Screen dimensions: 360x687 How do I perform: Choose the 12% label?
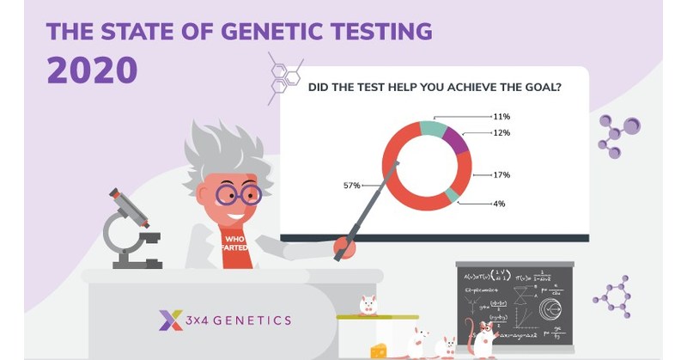(x=502, y=133)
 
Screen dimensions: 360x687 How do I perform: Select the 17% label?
(x=502, y=175)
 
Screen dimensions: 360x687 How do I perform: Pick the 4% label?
(x=498, y=204)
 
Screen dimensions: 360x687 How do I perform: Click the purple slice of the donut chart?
(x=456, y=140)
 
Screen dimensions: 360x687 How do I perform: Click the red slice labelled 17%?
(x=460, y=172)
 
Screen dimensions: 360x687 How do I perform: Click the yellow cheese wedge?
(x=378, y=351)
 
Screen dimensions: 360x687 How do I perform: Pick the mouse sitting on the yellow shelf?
(x=367, y=305)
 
